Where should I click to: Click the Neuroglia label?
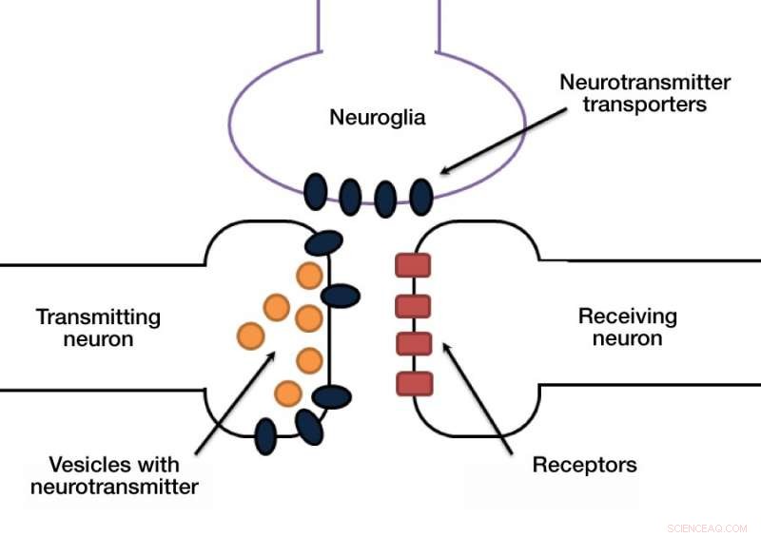(x=377, y=118)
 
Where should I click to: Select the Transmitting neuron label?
(x=98, y=327)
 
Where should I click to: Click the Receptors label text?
(x=584, y=466)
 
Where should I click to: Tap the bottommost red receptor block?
(x=414, y=383)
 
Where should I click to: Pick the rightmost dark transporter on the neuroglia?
(x=420, y=195)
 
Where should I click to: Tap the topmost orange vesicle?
(x=309, y=276)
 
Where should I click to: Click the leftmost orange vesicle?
(x=250, y=335)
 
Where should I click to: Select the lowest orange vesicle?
(x=288, y=392)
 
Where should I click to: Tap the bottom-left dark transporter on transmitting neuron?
(x=266, y=435)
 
